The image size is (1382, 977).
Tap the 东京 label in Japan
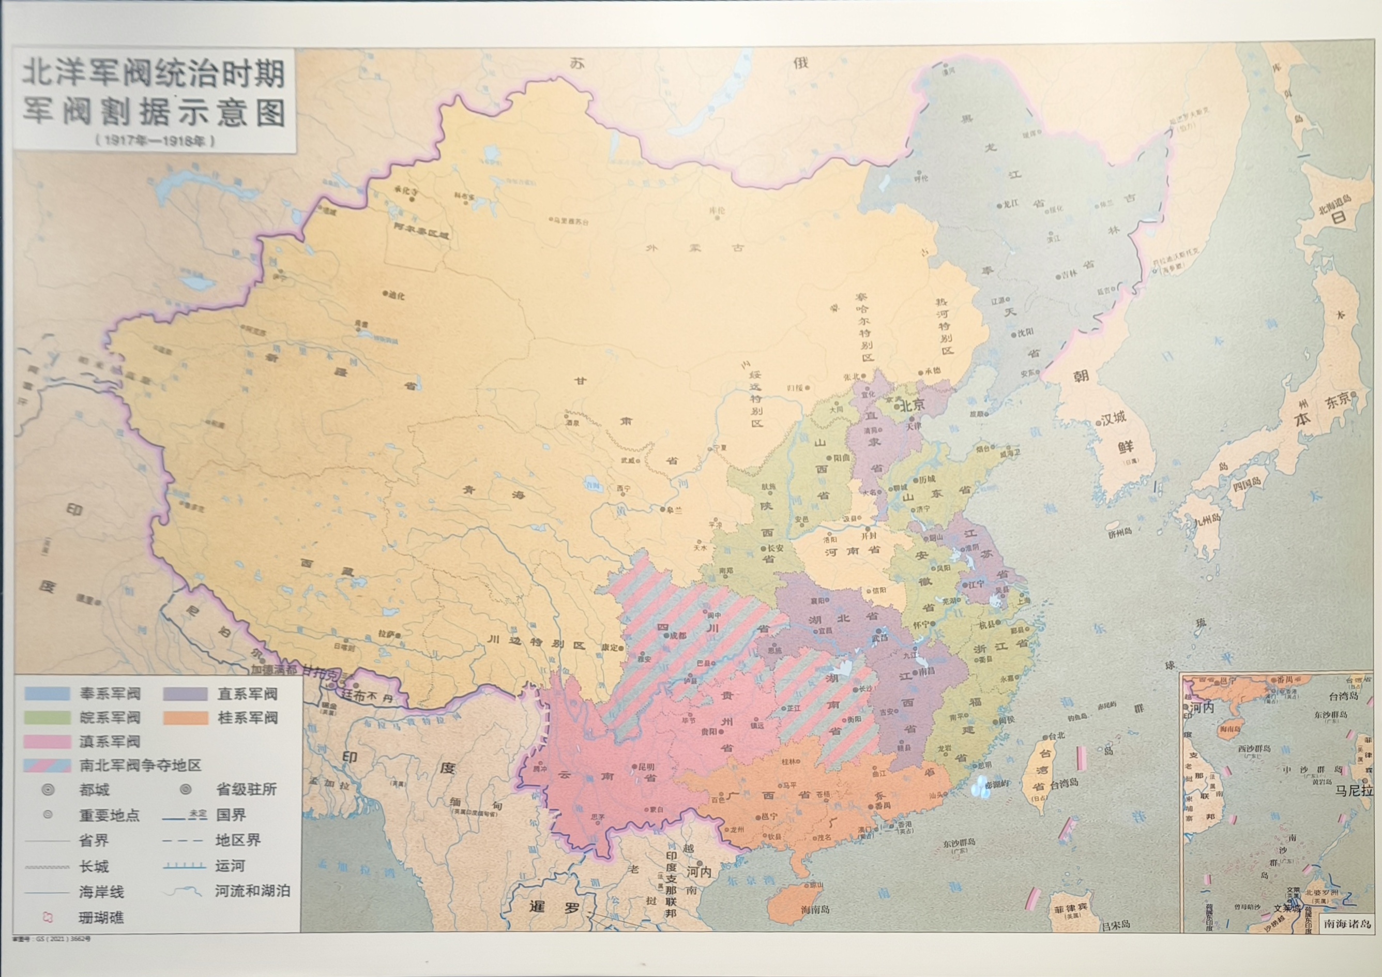pos(1337,401)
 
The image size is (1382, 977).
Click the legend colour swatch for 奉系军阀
pos(47,693)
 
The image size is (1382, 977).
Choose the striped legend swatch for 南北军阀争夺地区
pos(47,765)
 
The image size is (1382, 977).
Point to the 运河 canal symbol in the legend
pos(184,866)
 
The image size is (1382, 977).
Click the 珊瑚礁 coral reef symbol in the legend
pos(48,918)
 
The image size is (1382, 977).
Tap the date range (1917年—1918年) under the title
pos(155,140)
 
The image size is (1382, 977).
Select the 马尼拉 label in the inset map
pos(1353,790)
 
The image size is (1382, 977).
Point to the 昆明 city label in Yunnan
pos(646,767)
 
